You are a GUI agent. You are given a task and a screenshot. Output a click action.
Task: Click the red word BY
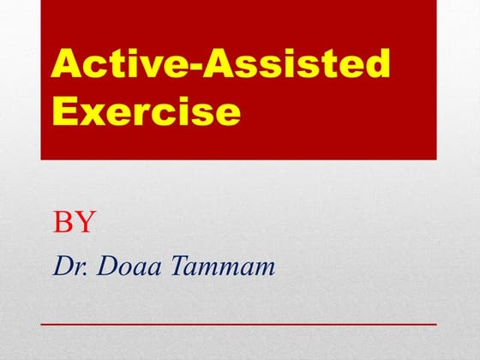pos(74,223)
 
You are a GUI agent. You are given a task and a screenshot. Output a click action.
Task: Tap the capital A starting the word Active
pos(66,65)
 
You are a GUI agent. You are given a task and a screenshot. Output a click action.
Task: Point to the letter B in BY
pos(63,223)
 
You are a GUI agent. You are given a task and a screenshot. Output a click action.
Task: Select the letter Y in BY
pos(84,223)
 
